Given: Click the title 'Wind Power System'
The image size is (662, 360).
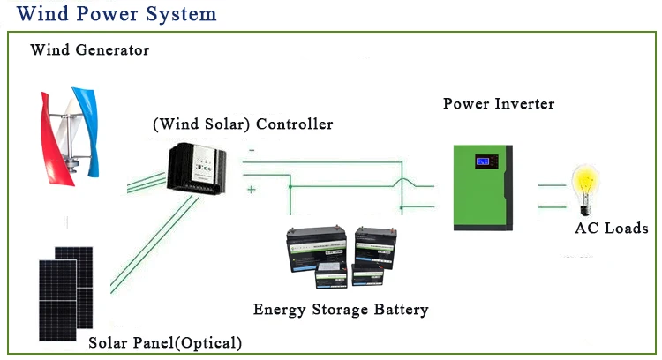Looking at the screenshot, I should click(117, 15).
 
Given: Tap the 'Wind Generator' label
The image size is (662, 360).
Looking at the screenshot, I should click(89, 50).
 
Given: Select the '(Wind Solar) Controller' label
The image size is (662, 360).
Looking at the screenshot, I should click(243, 124).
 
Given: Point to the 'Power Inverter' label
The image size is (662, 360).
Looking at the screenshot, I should click(499, 104).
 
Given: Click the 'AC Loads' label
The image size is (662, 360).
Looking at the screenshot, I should click(611, 229).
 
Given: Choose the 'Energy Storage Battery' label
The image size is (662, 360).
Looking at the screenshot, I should click(341, 310).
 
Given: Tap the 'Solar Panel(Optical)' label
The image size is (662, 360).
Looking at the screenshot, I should click(165, 342).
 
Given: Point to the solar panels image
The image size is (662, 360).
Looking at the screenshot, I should click(64, 291).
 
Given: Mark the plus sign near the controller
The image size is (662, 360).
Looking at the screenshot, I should click(252, 190).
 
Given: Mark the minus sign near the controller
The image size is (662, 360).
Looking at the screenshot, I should click(252, 151).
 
